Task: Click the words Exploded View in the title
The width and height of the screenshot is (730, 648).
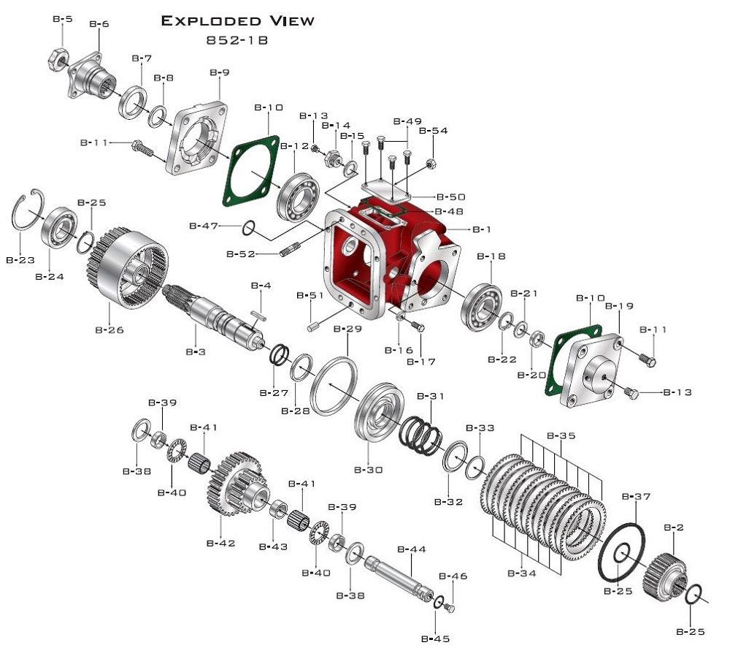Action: (x=237, y=20)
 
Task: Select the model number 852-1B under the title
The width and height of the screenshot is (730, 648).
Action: (x=237, y=40)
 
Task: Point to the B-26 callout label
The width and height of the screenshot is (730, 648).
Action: (x=109, y=329)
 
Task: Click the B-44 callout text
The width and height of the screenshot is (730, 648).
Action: (x=411, y=549)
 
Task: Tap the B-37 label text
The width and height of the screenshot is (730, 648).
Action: (x=635, y=497)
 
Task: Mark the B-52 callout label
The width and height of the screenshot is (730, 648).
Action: (x=240, y=254)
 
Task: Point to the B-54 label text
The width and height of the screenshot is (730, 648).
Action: (x=439, y=131)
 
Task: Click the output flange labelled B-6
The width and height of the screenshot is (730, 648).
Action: (x=93, y=73)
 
